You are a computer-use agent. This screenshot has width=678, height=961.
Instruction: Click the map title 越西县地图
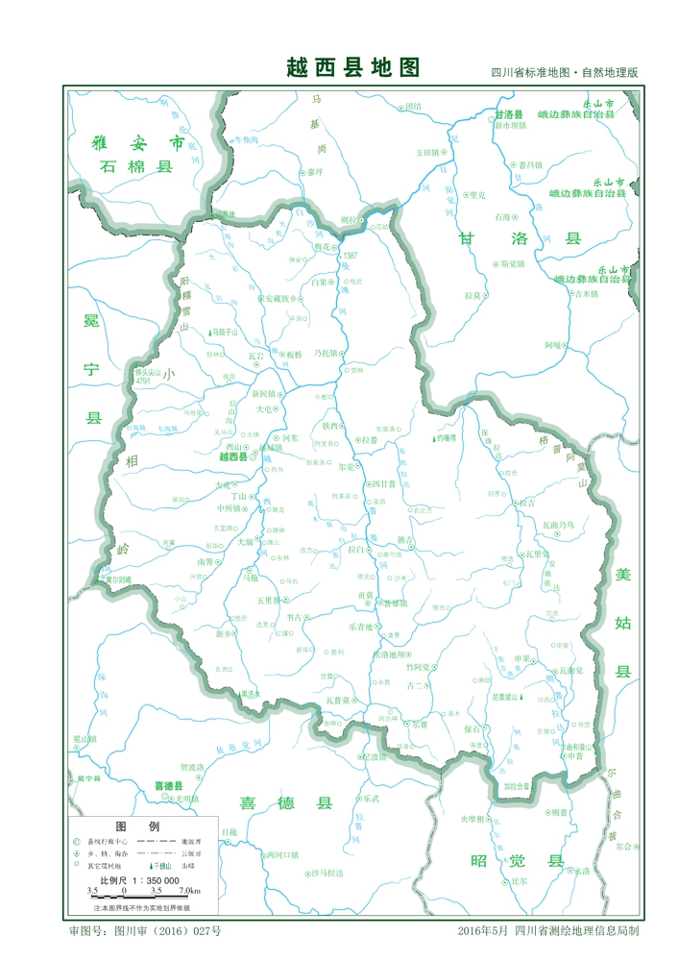(353, 67)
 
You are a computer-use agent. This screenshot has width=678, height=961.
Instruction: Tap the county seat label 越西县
(233, 457)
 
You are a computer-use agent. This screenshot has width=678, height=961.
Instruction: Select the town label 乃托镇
(327, 354)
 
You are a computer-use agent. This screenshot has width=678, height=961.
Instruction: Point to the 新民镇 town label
(263, 394)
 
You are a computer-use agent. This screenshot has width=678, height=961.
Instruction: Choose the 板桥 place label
(293, 355)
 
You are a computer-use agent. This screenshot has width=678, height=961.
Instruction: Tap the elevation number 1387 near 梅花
(350, 256)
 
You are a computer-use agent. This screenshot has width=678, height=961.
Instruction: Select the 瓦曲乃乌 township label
(558, 526)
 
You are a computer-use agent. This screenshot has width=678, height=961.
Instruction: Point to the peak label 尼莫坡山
(504, 697)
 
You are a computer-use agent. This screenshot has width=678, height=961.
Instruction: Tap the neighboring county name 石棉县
(135, 166)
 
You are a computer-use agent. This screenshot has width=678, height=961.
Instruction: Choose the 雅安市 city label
(137, 142)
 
